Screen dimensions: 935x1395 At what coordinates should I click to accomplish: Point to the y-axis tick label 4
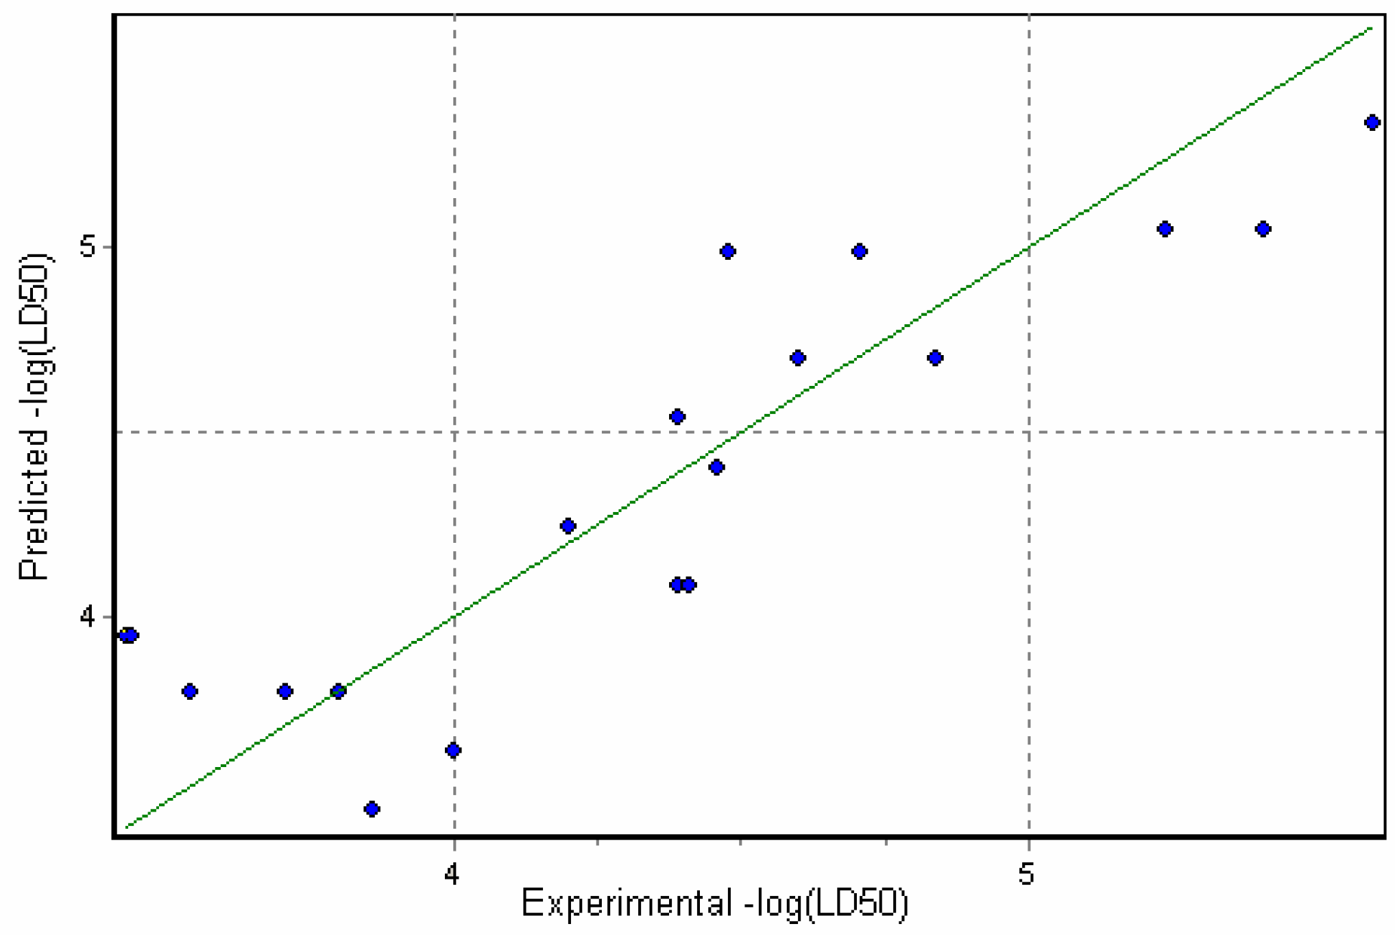[x=88, y=617]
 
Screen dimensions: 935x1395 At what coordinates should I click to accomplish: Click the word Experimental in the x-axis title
[x=627, y=903]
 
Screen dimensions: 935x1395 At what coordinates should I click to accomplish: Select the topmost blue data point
[x=1372, y=123]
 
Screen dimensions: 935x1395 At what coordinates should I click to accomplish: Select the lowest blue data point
[x=372, y=810]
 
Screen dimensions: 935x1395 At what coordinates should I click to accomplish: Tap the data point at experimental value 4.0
[x=452, y=751]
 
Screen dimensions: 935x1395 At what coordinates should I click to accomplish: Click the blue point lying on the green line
[x=337, y=692]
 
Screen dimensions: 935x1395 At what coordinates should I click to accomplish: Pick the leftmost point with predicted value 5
[x=727, y=252]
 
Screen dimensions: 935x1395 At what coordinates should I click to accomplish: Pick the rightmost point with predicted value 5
[x=859, y=252]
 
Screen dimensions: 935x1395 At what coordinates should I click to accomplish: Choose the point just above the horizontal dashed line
[x=677, y=417]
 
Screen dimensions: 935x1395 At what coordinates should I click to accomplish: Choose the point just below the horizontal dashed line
[x=716, y=467]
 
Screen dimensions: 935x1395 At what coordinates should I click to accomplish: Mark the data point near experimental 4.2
[x=568, y=526]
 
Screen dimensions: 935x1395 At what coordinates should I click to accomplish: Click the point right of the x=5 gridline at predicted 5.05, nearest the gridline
[x=1165, y=229]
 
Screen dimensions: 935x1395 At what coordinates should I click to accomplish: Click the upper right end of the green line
[x=1370, y=28]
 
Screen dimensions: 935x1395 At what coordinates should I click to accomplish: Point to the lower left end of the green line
[x=128, y=827]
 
